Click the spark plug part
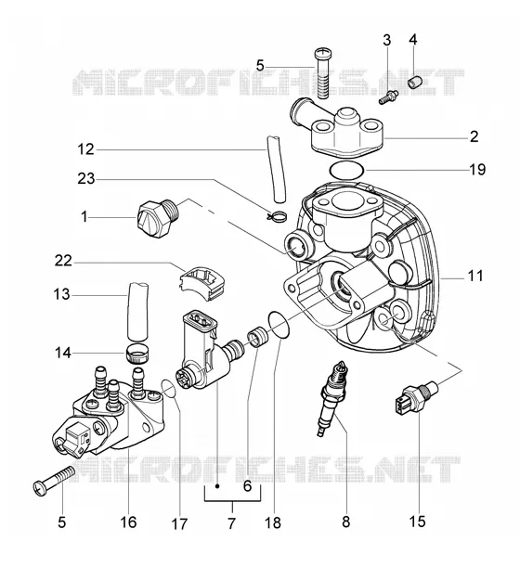point(331,398)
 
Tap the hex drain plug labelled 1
point(158,218)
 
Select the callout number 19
point(477,169)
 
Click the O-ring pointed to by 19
point(346,171)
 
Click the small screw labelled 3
point(388,97)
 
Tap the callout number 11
point(475,277)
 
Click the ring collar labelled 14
point(137,353)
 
